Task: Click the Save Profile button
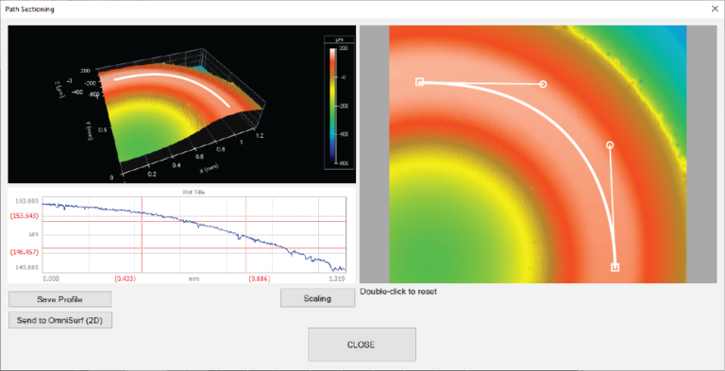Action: tap(59, 299)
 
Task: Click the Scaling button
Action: tap(317, 298)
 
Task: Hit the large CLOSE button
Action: tap(362, 345)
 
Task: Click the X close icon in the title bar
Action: tap(713, 9)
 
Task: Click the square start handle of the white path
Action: tap(420, 82)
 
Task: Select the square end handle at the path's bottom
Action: tap(615, 267)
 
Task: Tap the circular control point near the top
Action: tap(543, 84)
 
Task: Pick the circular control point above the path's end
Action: tap(610, 144)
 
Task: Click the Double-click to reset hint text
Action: tap(398, 291)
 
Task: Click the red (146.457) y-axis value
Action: tap(24, 251)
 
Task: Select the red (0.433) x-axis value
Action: tap(125, 278)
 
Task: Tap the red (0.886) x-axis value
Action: tap(261, 278)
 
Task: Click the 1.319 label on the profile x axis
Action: tap(336, 278)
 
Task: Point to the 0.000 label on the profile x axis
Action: tap(57, 278)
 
